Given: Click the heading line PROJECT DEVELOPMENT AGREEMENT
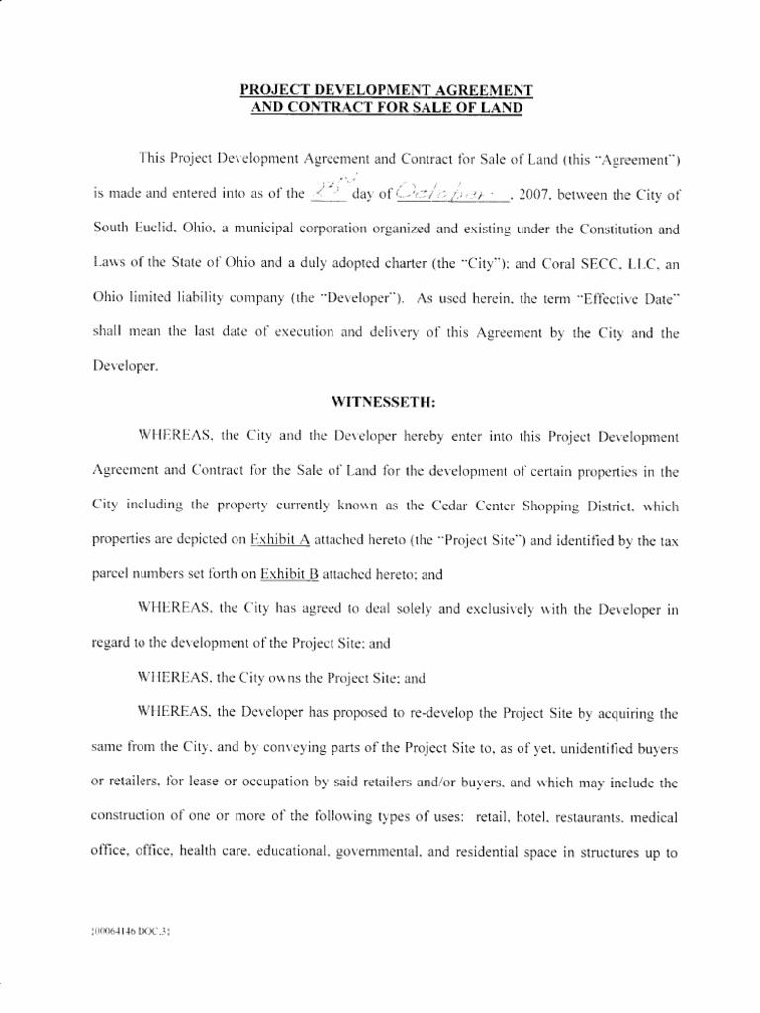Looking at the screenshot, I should coord(387,89).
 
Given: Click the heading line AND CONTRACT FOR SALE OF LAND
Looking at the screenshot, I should coord(387,106).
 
